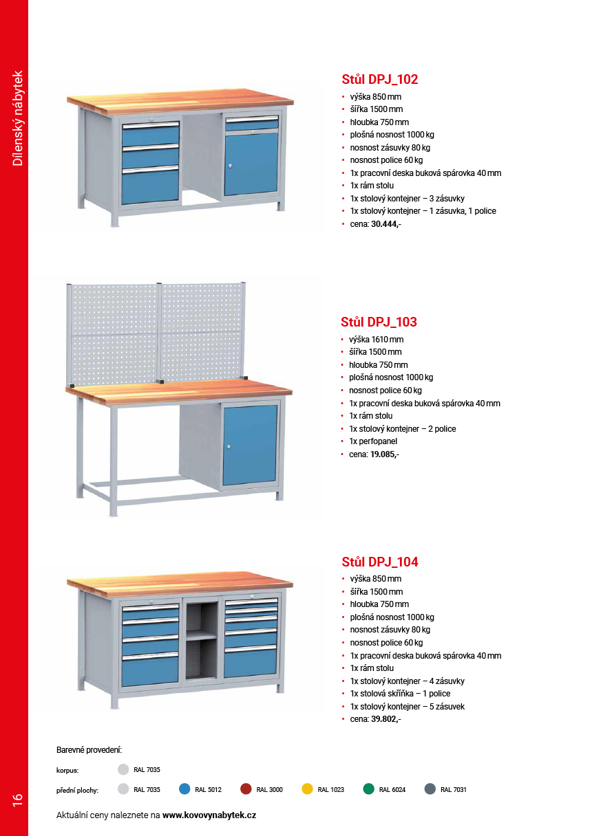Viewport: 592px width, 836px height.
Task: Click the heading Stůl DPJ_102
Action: pyautogui.click(x=379, y=79)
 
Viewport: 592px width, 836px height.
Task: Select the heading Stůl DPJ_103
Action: pyautogui.click(x=379, y=322)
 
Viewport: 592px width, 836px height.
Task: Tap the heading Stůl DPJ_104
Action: pyautogui.click(x=379, y=562)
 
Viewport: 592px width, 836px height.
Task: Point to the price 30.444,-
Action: pyautogui.click(x=385, y=224)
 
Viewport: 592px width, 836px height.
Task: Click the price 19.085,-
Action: pyautogui.click(x=384, y=454)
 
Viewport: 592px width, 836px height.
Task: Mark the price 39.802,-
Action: pyautogui.click(x=385, y=719)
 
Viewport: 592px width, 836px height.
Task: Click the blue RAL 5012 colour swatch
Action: pyautogui.click(x=184, y=789)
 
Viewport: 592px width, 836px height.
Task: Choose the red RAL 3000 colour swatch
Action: pyautogui.click(x=246, y=789)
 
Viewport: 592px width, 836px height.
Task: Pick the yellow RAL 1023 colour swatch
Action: pyautogui.click(x=307, y=789)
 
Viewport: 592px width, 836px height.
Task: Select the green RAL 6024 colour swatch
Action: pyautogui.click(x=369, y=789)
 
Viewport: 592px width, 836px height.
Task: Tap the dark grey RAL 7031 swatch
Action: pyautogui.click(x=430, y=789)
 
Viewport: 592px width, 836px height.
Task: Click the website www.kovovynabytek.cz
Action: pyautogui.click(x=209, y=815)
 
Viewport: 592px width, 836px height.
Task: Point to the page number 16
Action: pyautogui.click(x=17, y=799)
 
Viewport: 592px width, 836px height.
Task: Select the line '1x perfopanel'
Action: pyautogui.click(x=372, y=441)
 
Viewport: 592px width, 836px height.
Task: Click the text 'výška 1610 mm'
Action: pyautogui.click(x=376, y=339)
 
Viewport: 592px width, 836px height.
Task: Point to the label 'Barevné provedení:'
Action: pyautogui.click(x=89, y=749)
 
